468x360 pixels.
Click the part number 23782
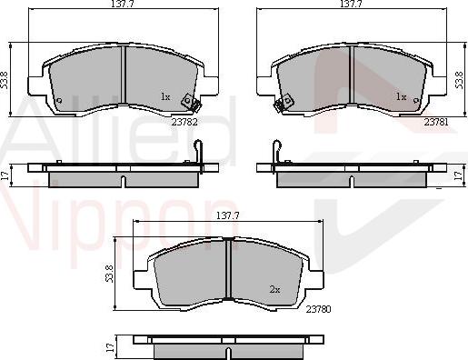pos(185,121)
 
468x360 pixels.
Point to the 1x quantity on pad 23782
pos(164,96)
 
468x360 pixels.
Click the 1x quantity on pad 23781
pos(400,96)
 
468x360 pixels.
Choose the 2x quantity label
pos(274,289)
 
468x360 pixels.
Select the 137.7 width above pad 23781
pos(351,6)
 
